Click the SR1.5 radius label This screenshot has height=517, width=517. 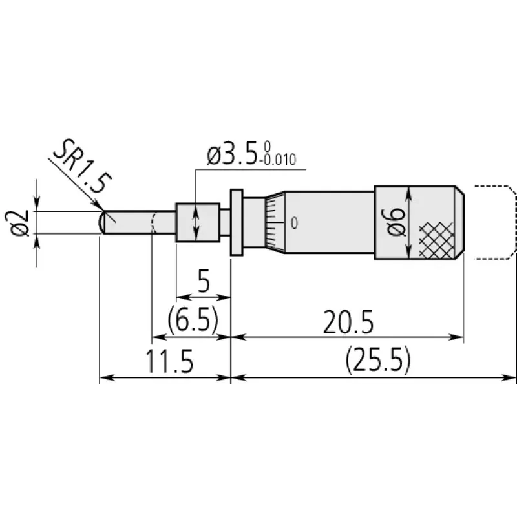coord(83,166)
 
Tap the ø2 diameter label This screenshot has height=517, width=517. coord(17,222)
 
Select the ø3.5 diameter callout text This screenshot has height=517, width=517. coord(232,156)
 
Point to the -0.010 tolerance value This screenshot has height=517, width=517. coord(278,160)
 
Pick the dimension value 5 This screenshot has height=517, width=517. coord(204,281)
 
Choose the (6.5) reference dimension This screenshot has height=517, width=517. coord(193,319)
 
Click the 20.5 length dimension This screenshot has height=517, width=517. coord(348,322)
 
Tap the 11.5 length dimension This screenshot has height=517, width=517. coord(169,361)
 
